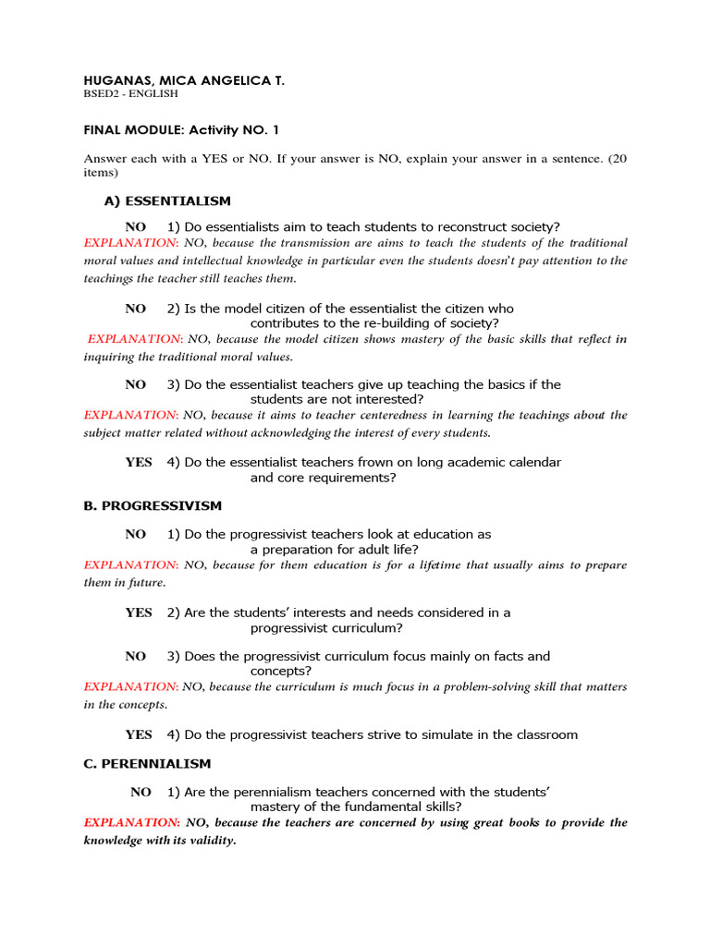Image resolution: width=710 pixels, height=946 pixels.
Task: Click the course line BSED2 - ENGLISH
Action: pos(131,94)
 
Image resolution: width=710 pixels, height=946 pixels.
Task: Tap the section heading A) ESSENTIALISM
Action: pos(167,200)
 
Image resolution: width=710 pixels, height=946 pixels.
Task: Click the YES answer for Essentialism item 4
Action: pos(139,462)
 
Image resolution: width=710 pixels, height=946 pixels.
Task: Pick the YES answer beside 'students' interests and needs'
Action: pos(139,612)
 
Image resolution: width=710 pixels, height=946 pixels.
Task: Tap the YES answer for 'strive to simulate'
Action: pos(139,734)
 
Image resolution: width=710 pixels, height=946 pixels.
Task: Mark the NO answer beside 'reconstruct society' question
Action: pos(136,227)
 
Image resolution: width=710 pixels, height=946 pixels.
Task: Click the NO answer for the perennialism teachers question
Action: pos(141,792)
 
